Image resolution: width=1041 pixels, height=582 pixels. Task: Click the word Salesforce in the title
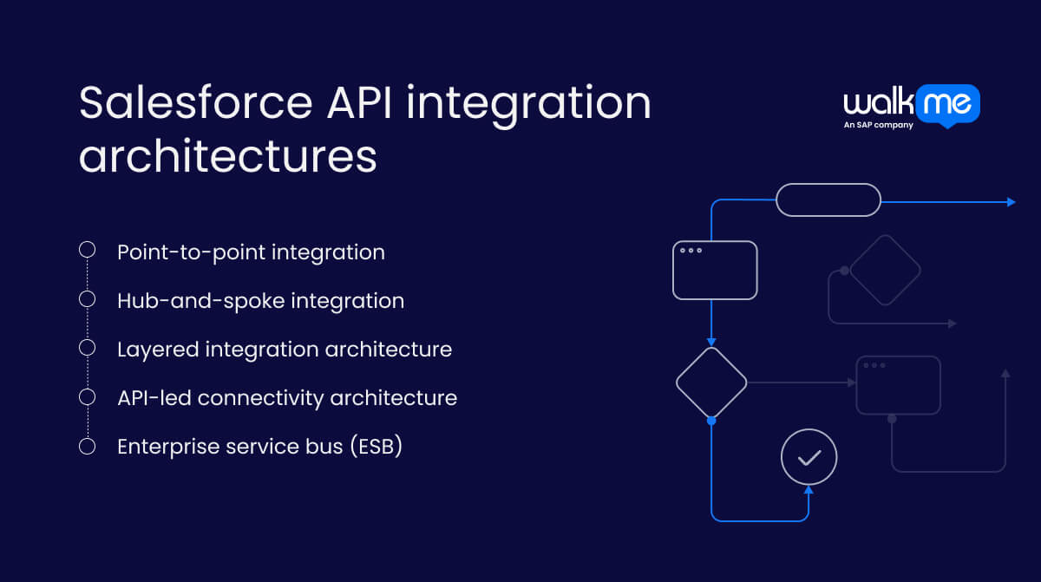195,103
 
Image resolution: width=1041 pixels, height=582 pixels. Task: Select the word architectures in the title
227,157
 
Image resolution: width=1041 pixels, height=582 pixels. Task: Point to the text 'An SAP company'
878,125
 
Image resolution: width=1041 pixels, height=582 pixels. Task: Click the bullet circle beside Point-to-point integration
87,250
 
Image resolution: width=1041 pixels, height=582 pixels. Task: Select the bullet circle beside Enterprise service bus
87,446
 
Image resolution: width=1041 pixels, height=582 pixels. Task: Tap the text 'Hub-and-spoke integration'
260,301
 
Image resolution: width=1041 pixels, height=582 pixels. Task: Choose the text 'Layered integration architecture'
285,350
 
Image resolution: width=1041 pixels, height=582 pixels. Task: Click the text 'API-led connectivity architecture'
287,398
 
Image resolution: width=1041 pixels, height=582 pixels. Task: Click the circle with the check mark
809,457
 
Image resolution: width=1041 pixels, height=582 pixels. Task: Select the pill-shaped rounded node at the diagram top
828,199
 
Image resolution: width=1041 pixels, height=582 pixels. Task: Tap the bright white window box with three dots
715,271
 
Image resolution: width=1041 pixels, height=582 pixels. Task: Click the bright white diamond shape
711,383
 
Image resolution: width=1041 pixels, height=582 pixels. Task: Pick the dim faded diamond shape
884,270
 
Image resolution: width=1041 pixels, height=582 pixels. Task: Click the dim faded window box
898,385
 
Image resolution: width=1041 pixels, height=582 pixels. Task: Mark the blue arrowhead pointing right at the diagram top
1011,202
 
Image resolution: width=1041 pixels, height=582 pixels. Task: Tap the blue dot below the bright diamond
711,421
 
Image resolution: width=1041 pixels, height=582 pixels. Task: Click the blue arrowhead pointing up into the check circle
809,491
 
